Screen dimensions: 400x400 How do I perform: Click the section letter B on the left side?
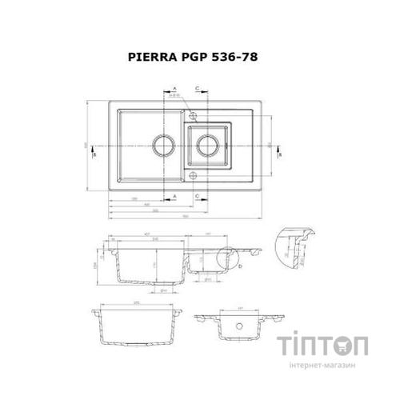pos(94,155)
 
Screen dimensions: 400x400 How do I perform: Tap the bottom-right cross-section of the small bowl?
pos(240,328)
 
